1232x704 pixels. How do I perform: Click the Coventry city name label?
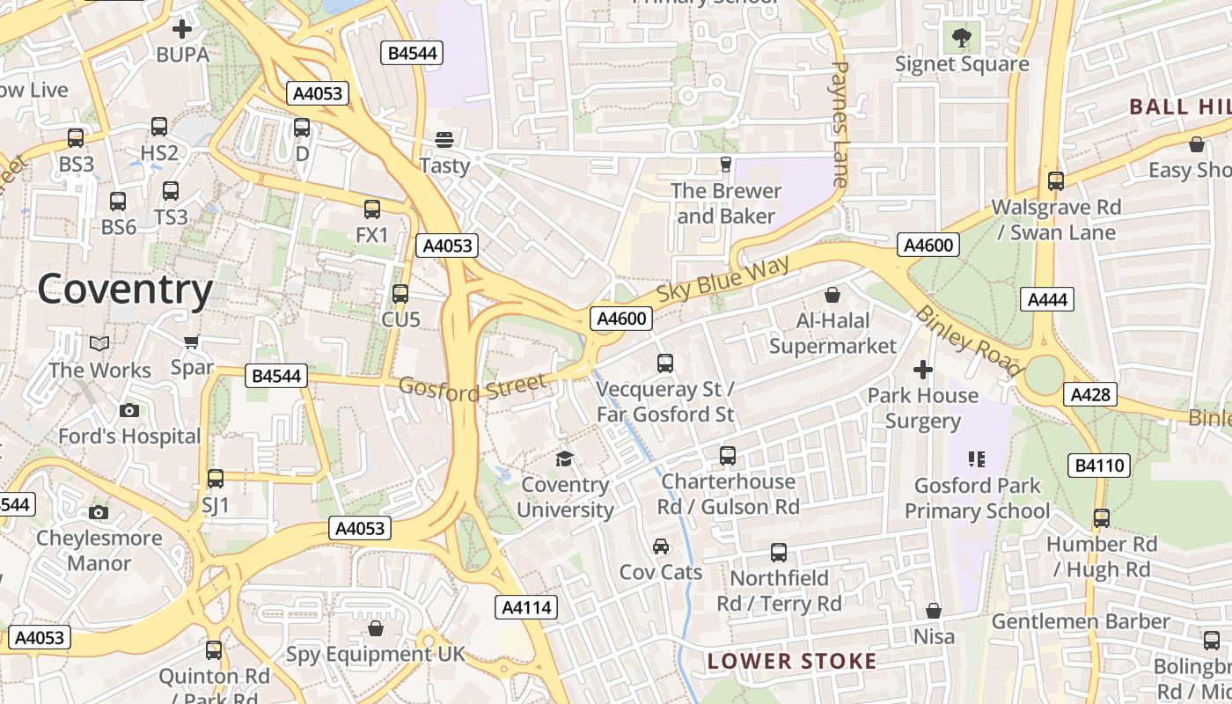125,290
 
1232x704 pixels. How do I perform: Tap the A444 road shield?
1048,300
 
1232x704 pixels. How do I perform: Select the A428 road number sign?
1090,395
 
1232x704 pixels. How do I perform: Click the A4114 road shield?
527,607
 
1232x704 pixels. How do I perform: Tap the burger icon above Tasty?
444,139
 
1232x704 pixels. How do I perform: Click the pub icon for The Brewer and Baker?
725,164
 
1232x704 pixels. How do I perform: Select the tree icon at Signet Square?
962,37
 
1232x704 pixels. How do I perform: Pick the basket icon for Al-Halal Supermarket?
832,294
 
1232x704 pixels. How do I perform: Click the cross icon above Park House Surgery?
922,369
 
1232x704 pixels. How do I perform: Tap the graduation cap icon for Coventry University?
564,458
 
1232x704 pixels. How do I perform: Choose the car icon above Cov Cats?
661,546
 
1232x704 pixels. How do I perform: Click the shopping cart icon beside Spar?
191,341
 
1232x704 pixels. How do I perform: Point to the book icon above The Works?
100,343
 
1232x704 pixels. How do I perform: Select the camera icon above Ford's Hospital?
129,410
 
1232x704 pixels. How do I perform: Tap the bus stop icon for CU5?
400,293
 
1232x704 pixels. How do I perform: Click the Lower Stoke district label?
792,661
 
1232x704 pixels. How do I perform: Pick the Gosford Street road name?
472,387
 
